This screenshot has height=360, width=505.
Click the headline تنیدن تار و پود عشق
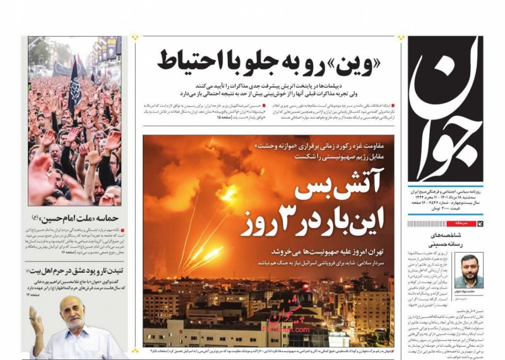[74, 270]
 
